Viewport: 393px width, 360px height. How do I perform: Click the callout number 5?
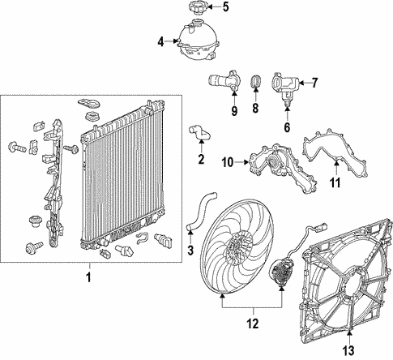(225, 7)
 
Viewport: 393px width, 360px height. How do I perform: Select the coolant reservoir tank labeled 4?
(199, 40)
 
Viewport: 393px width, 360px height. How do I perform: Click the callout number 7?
(314, 83)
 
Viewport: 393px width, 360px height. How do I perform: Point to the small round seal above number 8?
(256, 81)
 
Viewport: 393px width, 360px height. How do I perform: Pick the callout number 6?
(287, 127)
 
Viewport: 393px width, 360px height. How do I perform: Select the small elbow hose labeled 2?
(200, 133)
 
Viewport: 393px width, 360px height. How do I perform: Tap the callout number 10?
(228, 163)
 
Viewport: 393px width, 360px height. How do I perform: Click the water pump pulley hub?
(273, 163)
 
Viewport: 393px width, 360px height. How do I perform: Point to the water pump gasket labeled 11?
(335, 153)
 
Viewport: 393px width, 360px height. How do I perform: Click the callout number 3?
(190, 251)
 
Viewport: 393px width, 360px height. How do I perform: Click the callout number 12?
(253, 324)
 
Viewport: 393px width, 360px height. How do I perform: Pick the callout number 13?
(348, 350)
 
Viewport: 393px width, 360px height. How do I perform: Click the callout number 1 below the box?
(88, 277)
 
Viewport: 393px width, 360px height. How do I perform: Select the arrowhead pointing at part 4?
(175, 41)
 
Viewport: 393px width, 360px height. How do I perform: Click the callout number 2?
(201, 159)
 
